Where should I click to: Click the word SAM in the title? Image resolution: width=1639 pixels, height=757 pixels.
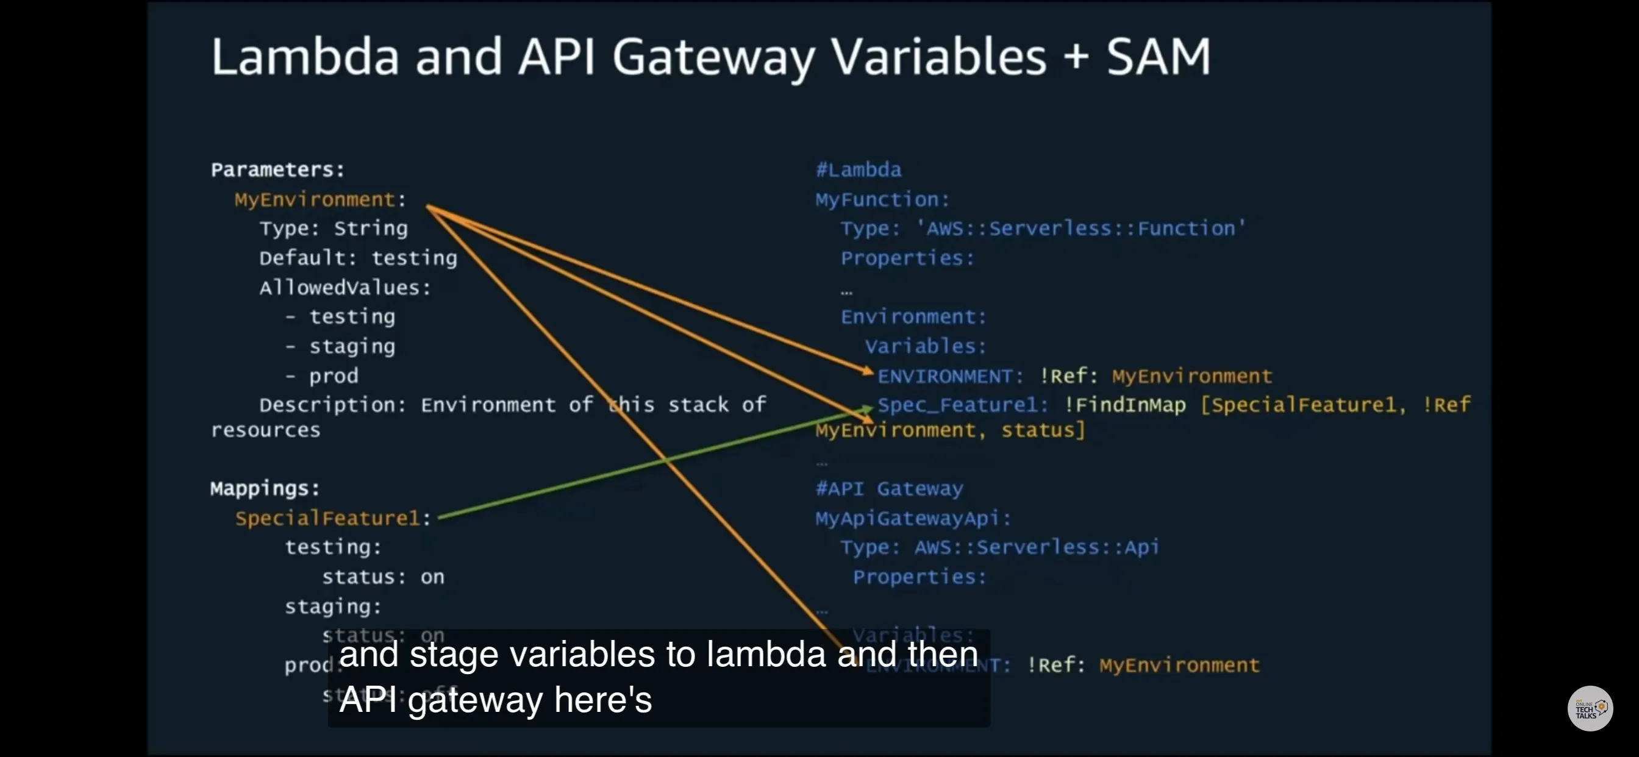click(x=1158, y=57)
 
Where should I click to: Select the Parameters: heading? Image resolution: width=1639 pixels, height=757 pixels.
click(x=277, y=170)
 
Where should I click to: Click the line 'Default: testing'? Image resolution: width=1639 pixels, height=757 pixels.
click(x=357, y=258)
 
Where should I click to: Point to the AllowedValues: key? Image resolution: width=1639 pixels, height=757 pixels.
click(x=345, y=288)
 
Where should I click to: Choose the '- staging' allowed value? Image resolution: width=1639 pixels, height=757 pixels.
click(x=341, y=347)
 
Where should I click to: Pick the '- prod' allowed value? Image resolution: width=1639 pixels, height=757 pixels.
click(x=323, y=376)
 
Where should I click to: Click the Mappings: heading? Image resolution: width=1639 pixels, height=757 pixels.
click(x=265, y=489)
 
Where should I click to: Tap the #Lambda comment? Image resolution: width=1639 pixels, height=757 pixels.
click(x=859, y=170)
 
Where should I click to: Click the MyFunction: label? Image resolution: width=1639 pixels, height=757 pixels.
click(x=882, y=200)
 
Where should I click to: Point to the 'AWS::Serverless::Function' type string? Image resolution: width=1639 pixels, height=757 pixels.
click(x=1080, y=229)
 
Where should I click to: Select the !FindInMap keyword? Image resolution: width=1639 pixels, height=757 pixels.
click(x=1125, y=405)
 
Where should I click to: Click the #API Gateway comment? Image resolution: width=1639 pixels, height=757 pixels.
click(x=889, y=489)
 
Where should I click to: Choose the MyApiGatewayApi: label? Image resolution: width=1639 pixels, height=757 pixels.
click(x=913, y=519)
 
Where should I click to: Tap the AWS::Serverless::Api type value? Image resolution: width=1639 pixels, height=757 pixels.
click(x=1037, y=547)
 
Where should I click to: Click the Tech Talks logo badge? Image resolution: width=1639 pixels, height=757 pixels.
click(x=1590, y=708)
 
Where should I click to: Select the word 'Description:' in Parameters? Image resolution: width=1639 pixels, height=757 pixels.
click(x=332, y=405)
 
